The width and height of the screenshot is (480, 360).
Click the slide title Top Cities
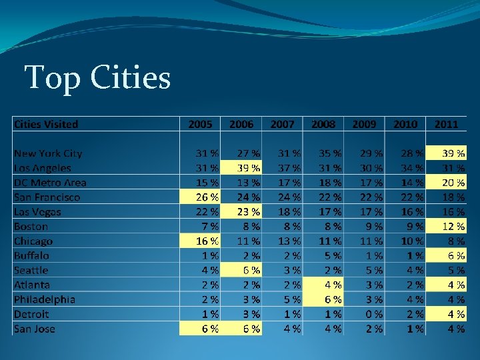(x=97, y=77)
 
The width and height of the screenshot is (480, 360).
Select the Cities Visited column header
(x=46, y=124)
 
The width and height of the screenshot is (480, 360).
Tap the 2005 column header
(x=201, y=124)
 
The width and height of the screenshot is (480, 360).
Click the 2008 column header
(x=323, y=124)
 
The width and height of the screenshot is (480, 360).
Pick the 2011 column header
(x=446, y=124)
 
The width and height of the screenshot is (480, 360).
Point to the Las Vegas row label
(x=37, y=212)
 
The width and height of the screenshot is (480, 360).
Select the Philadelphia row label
(x=45, y=299)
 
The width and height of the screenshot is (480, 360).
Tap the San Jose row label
(x=35, y=329)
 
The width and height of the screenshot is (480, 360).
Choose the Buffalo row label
(x=31, y=255)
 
